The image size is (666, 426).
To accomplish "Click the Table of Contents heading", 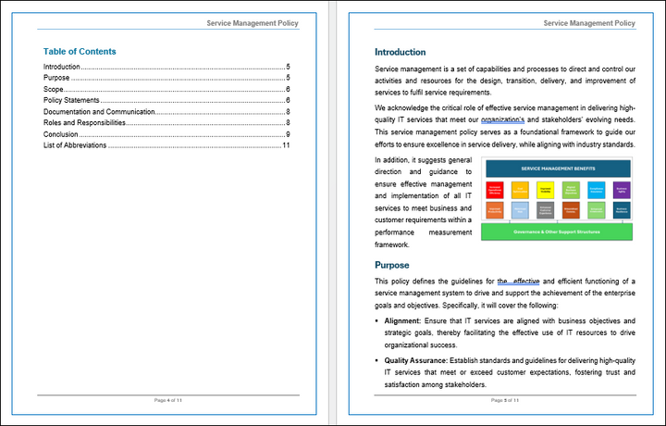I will pyautogui.click(x=80, y=52).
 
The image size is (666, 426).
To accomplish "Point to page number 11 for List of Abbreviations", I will pyautogui.click(x=287, y=144).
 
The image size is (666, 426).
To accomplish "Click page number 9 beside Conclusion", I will pyautogui.click(x=289, y=133).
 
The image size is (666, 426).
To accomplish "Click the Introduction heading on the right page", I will pyautogui.click(x=400, y=52).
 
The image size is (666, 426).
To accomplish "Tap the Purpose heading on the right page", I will pyautogui.click(x=391, y=265).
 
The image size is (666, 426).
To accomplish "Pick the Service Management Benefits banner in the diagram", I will pyautogui.click(x=557, y=169).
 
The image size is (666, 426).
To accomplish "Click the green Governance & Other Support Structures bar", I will pyautogui.click(x=557, y=232).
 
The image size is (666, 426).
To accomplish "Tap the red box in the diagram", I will pyautogui.click(x=494, y=189).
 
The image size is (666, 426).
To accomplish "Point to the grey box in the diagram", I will pyautogui.click(x=545, y=209).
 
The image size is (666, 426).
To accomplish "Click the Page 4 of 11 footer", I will pyautogui.click(x=167, y=400).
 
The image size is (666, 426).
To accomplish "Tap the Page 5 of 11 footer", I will pyautogui.click(x=504, y=400).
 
